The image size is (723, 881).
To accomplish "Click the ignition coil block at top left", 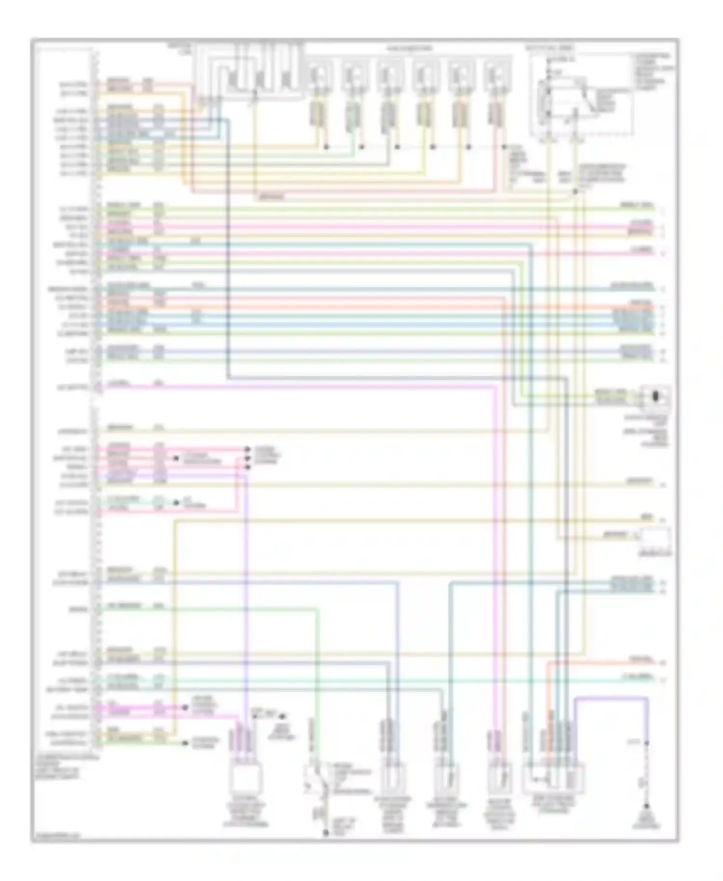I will coord(248,72).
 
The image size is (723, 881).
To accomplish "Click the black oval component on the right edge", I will coord(655,397).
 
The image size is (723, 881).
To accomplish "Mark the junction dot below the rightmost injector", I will coord(504,147).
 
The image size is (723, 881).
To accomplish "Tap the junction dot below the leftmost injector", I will coord(326,147).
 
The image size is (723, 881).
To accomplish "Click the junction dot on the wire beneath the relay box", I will coord(575,191).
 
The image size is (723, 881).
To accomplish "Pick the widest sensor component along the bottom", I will coord(553,777).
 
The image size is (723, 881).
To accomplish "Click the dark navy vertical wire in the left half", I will coord(227,251).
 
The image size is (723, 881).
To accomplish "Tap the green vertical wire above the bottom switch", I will coord(318,675).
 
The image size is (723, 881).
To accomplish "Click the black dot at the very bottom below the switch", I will coord(325,833).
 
